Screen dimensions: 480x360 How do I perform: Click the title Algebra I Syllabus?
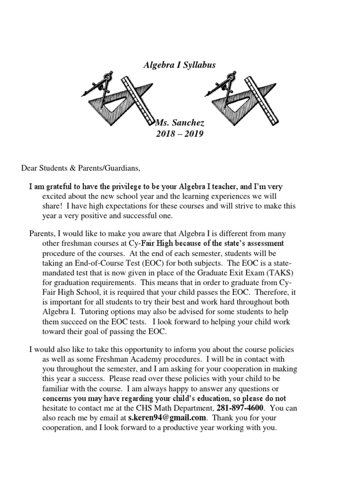[x=180, y=65]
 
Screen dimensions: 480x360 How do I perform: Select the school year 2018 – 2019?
[x=180, y=135]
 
